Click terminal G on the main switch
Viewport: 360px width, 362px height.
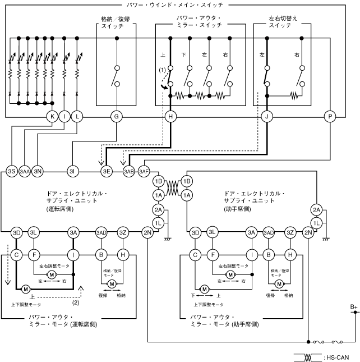click(x=117, y=117)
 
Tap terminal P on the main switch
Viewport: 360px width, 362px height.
click(x=330, y=117)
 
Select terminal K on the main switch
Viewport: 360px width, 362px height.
click(x=52, y=117)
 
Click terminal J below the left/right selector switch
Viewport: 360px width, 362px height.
click(x=267, y=117)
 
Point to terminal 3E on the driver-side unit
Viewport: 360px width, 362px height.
click(x=107, y=172)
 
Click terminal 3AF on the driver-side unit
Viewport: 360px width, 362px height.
click(x=144, y=172)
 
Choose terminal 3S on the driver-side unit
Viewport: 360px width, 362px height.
click(x=12, y=172)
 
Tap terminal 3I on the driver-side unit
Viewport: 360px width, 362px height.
click(x=73, y=172)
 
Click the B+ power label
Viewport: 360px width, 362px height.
click(x=353, y=307)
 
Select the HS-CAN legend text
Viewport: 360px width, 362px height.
click(x=338, y=358)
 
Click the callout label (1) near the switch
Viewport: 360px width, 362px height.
click(x=163, y=70)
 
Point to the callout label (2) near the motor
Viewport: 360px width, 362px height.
click(x=76, y=303)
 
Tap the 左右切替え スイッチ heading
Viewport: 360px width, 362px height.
click(x=283, y=22)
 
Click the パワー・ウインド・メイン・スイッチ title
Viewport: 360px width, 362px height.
click(x=175, y=5)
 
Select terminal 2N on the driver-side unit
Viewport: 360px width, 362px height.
click(x=147, y=232)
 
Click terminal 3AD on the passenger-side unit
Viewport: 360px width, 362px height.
click(x=269, y=232)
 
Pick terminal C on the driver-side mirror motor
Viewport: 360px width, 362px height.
click(x=16, y=255)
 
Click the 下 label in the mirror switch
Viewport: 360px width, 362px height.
click(x=183, y=54)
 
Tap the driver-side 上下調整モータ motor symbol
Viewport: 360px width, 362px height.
click(x=26, y=289)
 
